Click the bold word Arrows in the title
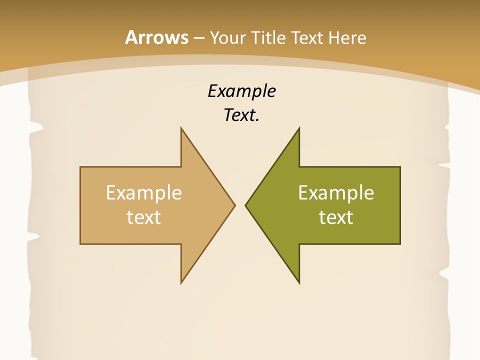coord(156,37)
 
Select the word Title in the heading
coord(270,37)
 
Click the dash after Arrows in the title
coord(198,38)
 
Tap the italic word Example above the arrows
coord(241,91)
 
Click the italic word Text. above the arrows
coord(241,115)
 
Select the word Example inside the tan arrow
coord(144,193)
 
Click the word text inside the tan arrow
coord(144,217)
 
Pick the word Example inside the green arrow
coord(336,193)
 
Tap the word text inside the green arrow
coord(336,217)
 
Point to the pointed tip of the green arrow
coord(246,205)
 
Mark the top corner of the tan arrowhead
coord(181,128)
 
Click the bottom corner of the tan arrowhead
coord(181,282)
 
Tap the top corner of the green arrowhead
coord(299,128)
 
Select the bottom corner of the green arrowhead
coord(299,282)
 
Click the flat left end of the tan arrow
coord(81,205)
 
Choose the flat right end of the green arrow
coord(399,205)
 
